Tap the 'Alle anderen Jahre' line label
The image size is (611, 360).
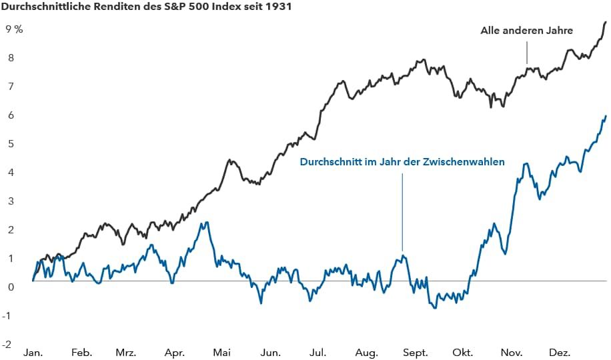tap(526, 30)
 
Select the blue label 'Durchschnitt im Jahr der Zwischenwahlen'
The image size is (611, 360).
tap(402, 162)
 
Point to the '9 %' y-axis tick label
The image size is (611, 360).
tap(14, 29)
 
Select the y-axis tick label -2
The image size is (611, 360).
tap(8, 345)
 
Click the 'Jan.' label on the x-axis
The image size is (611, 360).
tap(33, 352)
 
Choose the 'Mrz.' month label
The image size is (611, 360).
tap(126, 352)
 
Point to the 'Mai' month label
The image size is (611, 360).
tap(222, 352)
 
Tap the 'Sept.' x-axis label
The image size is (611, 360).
tap(416, 352)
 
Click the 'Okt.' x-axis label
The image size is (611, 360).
tap(462, 352)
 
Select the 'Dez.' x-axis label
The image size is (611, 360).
tap(560, 352)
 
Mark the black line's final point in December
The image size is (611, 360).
tap(606, 22)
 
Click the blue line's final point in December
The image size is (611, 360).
tap(606, 116)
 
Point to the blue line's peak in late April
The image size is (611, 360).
tap(207, 223)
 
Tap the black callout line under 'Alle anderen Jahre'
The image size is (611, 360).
tap(527, 52)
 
